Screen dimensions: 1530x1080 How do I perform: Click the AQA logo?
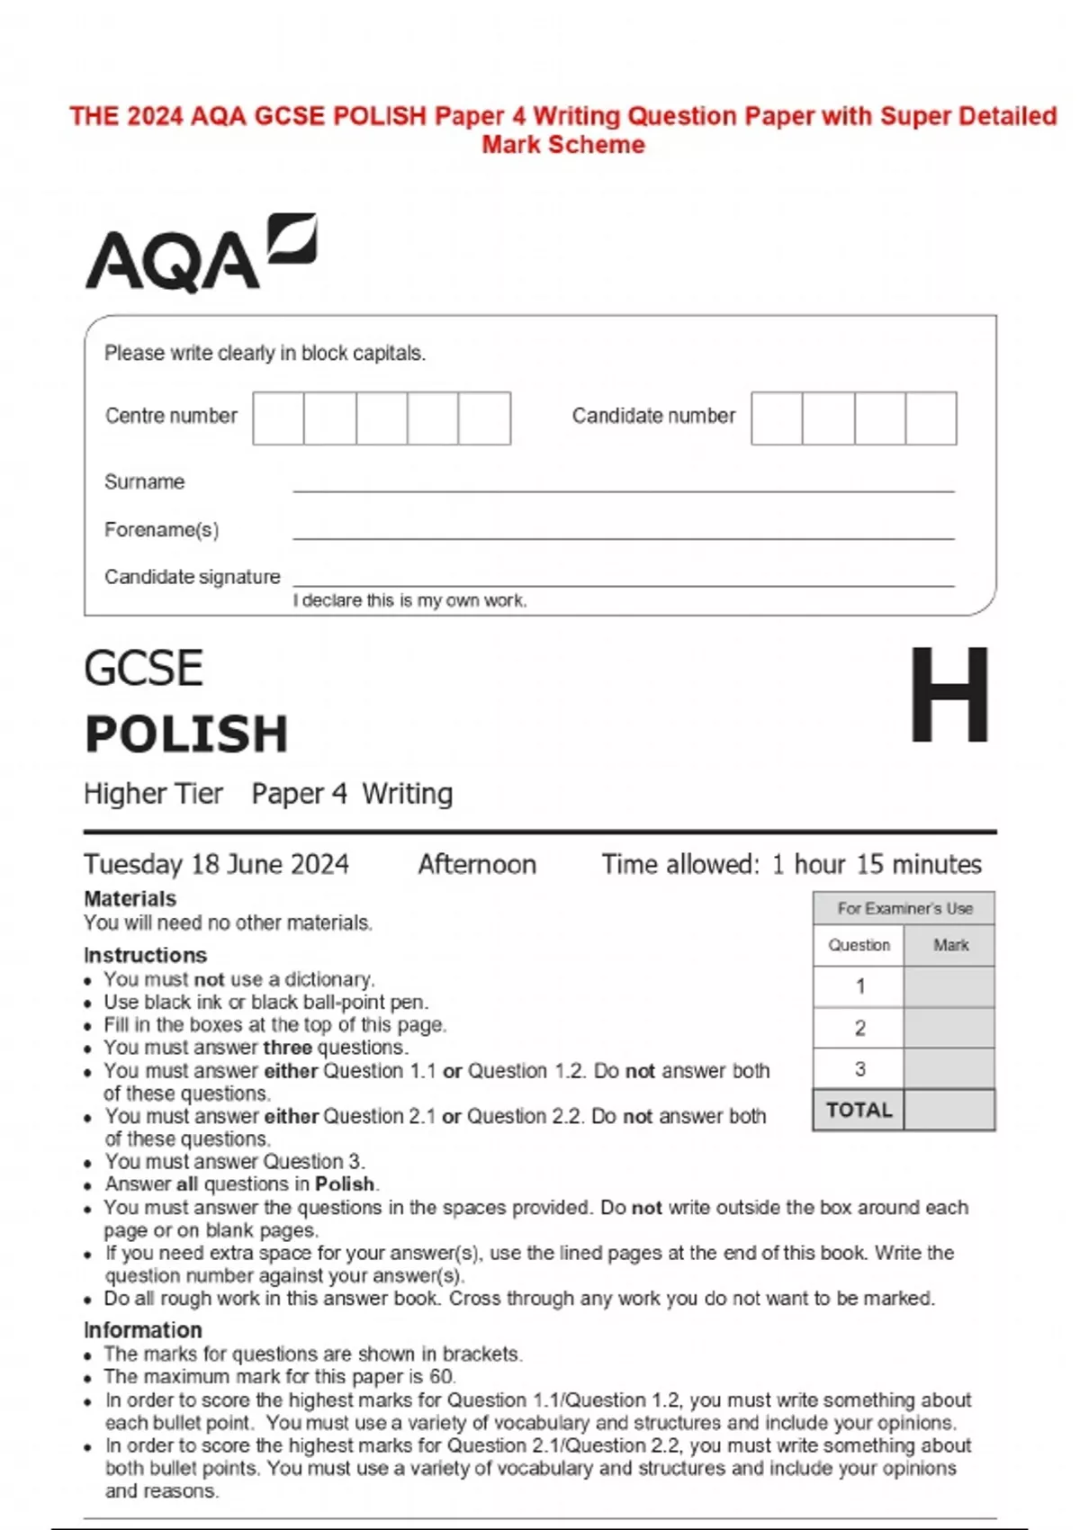tap(200, 254)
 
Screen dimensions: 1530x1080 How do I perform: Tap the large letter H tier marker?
tap(949, 696)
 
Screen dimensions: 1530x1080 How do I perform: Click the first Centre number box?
tap(278, 418)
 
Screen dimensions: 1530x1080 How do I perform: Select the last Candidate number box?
tap(931, 418)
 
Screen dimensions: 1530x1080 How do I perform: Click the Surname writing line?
tap(623, 486)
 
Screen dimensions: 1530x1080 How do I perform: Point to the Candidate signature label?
tap(192, 577)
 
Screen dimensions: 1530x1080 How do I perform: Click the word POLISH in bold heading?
tap(186, 733)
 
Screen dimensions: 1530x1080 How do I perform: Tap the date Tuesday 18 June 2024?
tap(216, 864)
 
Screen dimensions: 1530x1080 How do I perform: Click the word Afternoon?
tap(477, 864)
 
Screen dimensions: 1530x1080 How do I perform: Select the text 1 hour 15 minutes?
tap(877, 864)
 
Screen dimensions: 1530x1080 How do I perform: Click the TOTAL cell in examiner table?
tap(859, 1110)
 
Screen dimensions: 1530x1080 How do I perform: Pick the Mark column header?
tap(950, 945)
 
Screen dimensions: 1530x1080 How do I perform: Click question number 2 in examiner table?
tap(859, 1028)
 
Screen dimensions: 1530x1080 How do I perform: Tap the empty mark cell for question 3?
tap(949, 1068)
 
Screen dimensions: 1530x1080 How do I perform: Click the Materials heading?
tap(130, 898)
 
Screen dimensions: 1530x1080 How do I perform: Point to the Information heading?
tap(142, 1329)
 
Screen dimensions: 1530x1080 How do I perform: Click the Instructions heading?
tap(145, 955)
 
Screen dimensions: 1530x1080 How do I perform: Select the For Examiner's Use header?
tap(904, 908)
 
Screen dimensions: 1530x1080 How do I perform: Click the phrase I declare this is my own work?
tap(409, 600)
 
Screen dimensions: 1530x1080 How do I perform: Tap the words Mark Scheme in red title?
tap(563, 145)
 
